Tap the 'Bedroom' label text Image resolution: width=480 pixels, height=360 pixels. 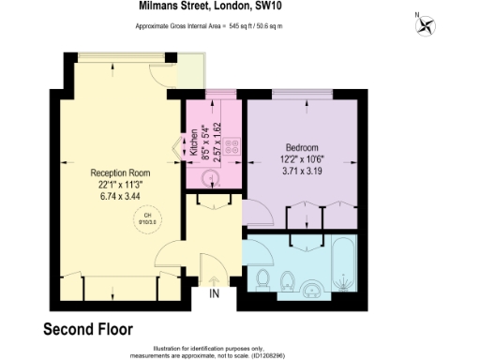tap(303, 148)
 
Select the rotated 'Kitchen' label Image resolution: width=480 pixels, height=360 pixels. tap(195, 146)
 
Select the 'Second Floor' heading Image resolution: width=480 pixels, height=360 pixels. tap(88, 329)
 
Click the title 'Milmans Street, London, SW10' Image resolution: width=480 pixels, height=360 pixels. tap(239, 8)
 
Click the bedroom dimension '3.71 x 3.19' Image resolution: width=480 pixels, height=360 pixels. tap(303, 174)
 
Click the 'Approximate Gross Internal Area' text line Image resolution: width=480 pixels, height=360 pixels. tap(239, 25)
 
